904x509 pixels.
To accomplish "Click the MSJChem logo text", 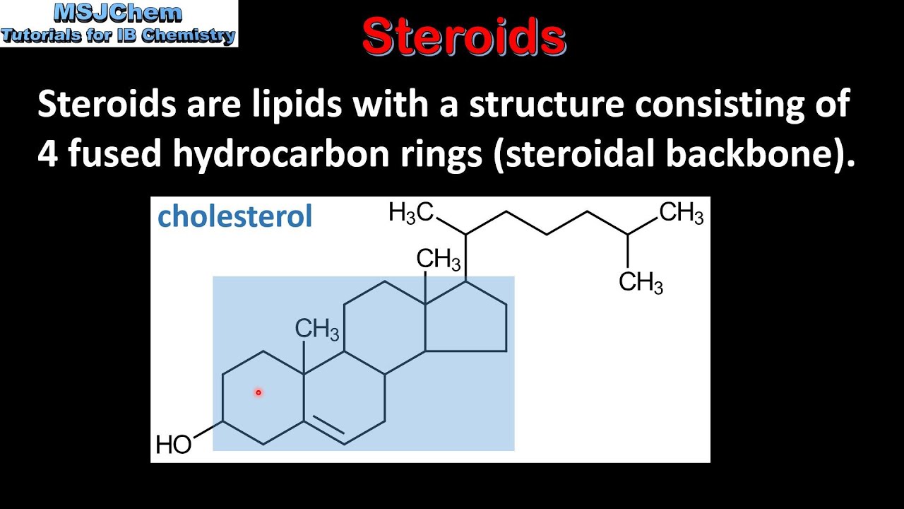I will [119, 13].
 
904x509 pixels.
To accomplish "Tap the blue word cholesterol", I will [234, 216].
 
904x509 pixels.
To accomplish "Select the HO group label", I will [173, 445].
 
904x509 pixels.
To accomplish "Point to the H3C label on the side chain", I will [411, 213].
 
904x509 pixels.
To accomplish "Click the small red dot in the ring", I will [258, 392].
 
